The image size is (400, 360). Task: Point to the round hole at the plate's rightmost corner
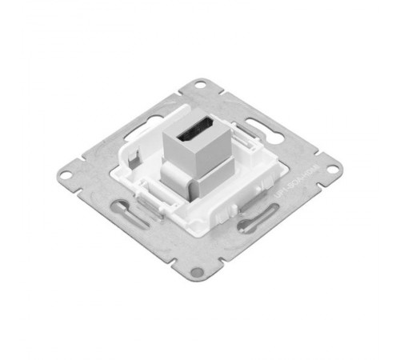[x=326, y=170]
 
